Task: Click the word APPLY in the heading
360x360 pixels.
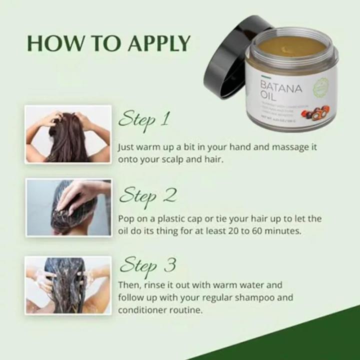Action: [158, 44]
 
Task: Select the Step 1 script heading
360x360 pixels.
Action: [144, 119]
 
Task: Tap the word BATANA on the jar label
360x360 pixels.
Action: [281, 88]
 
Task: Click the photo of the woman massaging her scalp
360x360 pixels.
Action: [68, 134]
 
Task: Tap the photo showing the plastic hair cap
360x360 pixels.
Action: [68, 207]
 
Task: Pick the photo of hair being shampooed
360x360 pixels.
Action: [68, 285]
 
